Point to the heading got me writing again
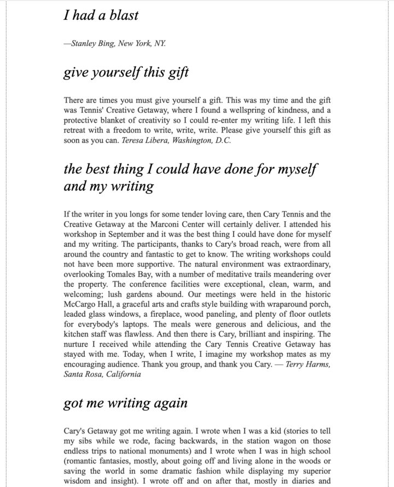(x=125, y=403)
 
